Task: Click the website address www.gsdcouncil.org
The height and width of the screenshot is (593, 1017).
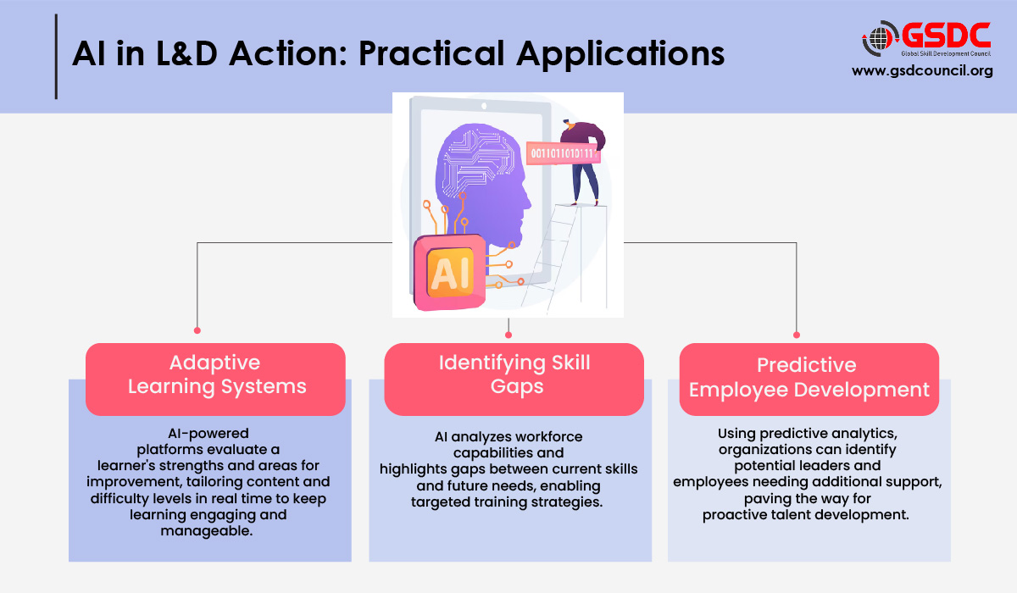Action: (x=922, y=71)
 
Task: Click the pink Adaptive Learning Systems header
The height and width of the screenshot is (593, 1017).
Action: (x=216, y=375)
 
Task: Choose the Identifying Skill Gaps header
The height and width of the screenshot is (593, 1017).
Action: (x=514, y=375)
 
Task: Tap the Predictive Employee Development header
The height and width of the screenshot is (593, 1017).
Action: (x=809, y=378)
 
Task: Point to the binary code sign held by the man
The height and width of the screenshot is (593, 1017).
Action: (x=561, y=153)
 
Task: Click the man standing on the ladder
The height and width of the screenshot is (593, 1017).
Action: (x=583, y=157)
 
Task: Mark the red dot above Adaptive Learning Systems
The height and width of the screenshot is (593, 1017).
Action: (x=197, y=330)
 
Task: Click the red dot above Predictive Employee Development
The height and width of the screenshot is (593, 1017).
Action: (x=796, y=335)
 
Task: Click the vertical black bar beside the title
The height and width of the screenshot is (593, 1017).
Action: (x=56, y=56)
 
